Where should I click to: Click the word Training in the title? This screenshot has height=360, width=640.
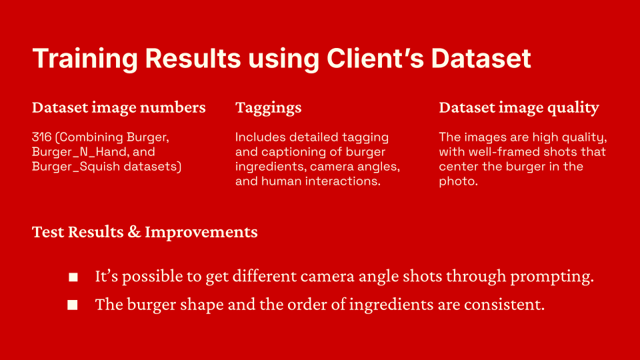85,59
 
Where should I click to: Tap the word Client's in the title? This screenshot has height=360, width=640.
375,58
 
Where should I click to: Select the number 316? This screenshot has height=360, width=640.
41,137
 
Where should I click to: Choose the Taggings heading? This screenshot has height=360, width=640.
268,108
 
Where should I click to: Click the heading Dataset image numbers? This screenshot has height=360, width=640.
119,107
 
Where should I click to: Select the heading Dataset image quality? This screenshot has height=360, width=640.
519,108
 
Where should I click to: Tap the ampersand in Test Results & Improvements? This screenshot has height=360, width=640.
134,232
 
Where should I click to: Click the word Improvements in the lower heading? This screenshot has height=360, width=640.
201,233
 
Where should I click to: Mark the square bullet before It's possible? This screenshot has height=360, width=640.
73,277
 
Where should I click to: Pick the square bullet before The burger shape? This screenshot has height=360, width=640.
73,305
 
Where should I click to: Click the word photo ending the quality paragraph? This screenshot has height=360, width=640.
458,181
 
